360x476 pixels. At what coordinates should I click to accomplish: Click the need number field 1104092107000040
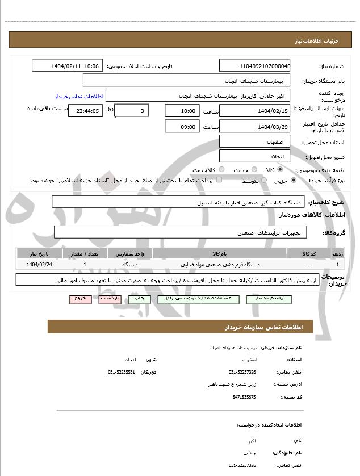[254, 66]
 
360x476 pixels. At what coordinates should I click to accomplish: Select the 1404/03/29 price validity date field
[254, 126]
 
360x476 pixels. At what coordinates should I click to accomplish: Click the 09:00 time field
[181, 126]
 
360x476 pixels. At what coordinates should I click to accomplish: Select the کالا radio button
[279, 170]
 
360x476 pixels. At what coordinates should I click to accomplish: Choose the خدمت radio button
[254, 170]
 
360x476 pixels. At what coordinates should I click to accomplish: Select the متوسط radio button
[262, 181]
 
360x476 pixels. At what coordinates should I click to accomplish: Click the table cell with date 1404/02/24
[39, 265]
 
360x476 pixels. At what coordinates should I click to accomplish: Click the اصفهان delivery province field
[254, 141]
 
